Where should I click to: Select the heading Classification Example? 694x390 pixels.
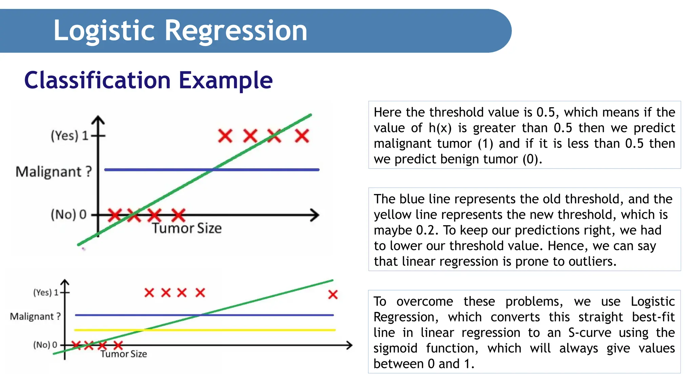(x=148, y=80)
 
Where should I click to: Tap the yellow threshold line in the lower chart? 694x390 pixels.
(x=237, y=329)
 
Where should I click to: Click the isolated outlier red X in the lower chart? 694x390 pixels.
(x=333, y=295)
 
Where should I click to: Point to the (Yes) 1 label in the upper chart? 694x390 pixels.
(x=69, y=136)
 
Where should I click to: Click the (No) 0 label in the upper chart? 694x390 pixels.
(x=69, y=214)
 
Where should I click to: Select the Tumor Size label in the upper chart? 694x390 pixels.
(x=187, y=228)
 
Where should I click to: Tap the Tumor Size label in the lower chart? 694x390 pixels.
(x=124, y=354)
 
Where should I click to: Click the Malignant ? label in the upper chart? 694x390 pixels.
(x=54, y=172)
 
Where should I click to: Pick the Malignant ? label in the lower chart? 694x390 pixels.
(x=35, y=317)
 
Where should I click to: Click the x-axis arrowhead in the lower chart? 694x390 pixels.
(x=349, y=345)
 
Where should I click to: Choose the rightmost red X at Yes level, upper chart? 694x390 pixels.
(x=302, y=136)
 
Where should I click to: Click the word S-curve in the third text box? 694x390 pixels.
(x=590, y=332)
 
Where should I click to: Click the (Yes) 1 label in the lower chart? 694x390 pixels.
(x=46, y=292)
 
